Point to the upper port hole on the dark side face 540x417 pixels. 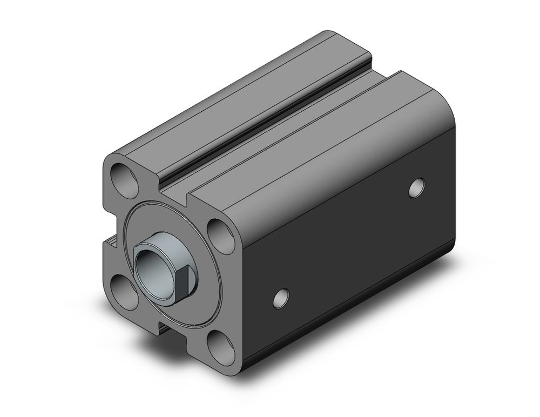[416, 187]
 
